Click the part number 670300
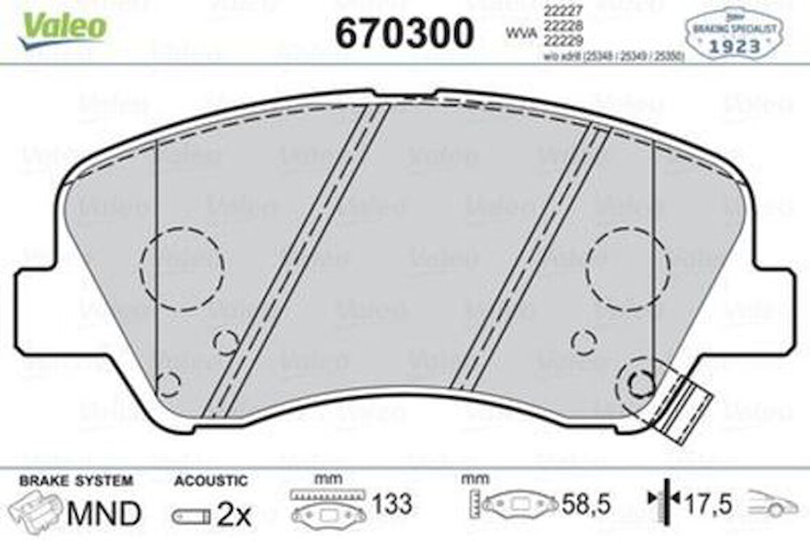coord(404,32)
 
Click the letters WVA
coord(520,32)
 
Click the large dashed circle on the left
coord(182,267)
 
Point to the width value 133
coord(392,505)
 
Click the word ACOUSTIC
coord(210,481)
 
